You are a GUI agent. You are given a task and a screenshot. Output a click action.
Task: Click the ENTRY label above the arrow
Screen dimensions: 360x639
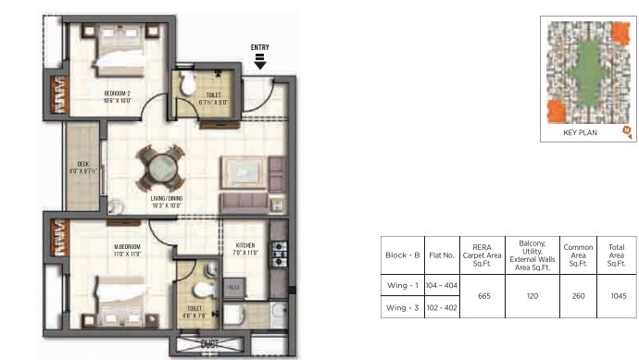pyautogui.click(x=260, y=47)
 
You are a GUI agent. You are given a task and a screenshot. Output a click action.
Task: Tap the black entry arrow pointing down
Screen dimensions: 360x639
pyautogui.click(x=260, y=62)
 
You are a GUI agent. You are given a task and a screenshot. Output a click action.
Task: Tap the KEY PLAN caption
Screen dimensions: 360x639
pyautogui.click(x=580, y=133)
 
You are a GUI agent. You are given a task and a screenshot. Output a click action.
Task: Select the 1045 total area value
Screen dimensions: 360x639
pyautogui.click(x=618, y=296)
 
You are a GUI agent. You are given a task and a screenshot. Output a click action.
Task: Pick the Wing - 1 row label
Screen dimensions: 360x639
pyautogui.click(x=403, y=285)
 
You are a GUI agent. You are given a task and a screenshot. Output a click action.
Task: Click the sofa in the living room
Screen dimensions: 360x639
pyautogui.click(x=252, y=172)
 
